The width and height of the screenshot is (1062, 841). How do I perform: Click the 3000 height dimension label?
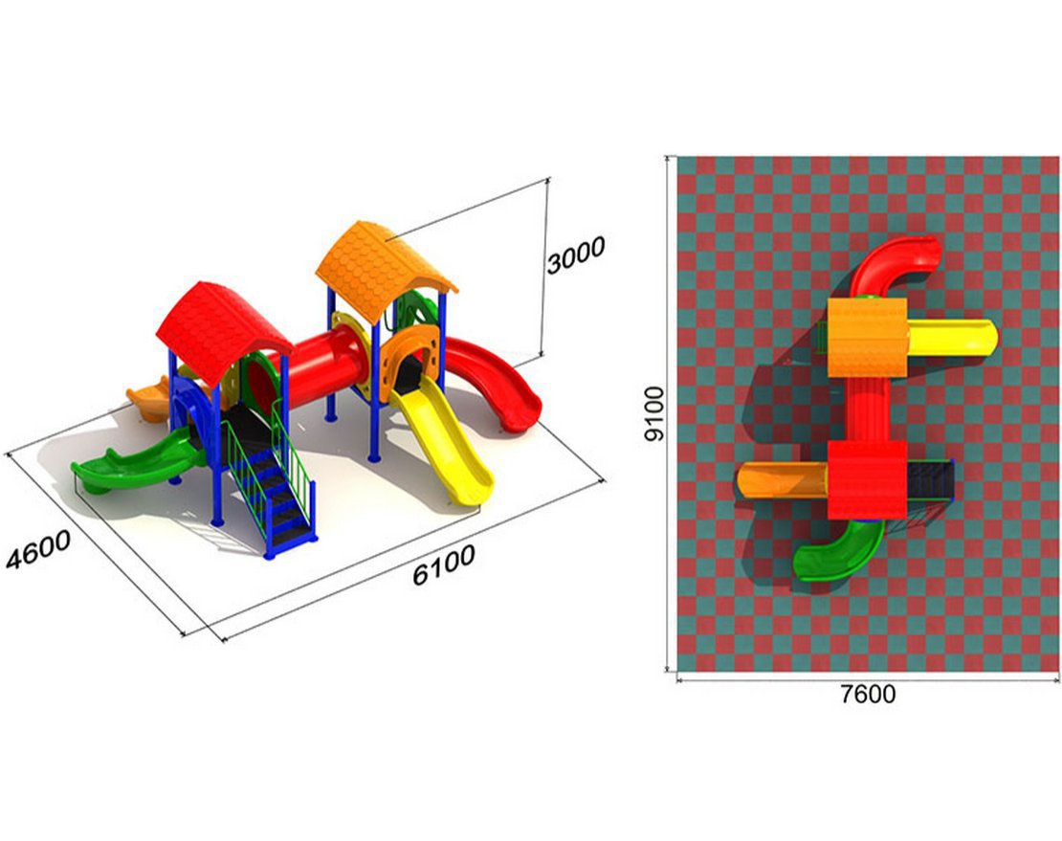pyautogui.click(x=576, y=255)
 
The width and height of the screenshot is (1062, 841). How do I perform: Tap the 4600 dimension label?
pyautogui.click(x=38, y=550)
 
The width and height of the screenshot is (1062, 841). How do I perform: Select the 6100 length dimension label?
pyautogui.click(x=444, y=564)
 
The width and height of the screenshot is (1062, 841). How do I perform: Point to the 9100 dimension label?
pyautogui.click(x=654, y=413)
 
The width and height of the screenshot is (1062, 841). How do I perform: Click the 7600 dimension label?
pyautogui.click(x=868, y=694)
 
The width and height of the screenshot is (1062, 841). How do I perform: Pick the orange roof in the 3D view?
pyautogui.click(x=384, y=269)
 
